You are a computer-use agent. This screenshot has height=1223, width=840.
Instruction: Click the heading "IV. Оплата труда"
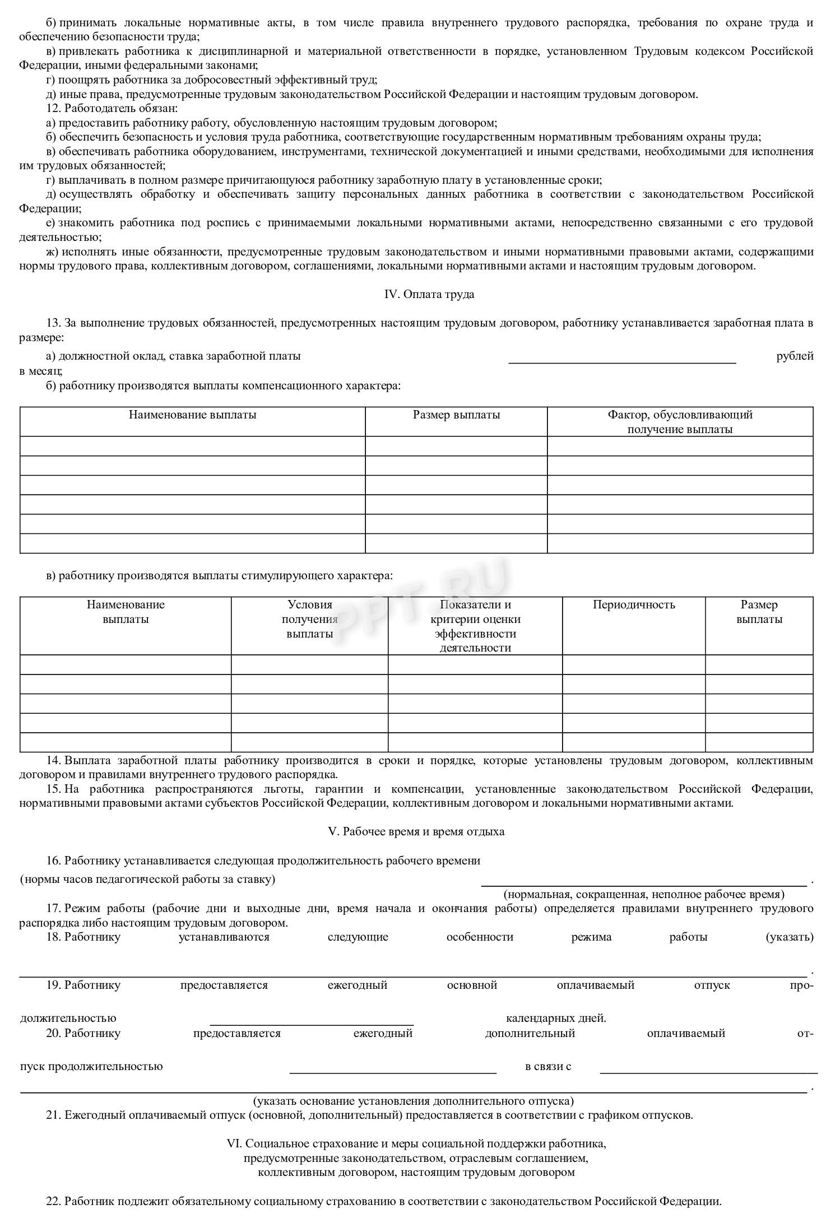tap(429, 294)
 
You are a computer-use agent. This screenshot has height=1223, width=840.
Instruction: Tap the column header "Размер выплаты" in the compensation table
tap(456, 415)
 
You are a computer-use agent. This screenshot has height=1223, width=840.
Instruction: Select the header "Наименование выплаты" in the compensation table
tap(192, 415)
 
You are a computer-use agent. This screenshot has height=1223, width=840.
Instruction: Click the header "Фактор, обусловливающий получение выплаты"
tap(680, 422)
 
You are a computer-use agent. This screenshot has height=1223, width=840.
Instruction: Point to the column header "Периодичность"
tap(634, 604)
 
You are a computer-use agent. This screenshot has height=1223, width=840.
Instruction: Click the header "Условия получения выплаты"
tap(309, 619)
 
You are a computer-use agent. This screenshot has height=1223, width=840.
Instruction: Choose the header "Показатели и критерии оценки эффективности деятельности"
tap(475, 626)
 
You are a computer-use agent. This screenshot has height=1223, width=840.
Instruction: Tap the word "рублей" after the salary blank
tap(795, 356)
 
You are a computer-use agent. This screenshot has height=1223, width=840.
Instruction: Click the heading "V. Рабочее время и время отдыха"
tap(416, 831)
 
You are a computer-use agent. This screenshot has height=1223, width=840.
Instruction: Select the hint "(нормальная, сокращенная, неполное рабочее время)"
tap(644, 894)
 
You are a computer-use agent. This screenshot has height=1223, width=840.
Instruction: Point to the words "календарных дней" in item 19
tap(556, 1018)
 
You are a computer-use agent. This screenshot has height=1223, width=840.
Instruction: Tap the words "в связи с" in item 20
tap(547, 1066)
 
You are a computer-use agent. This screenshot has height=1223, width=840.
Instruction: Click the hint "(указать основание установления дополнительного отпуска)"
tap(413, 1101)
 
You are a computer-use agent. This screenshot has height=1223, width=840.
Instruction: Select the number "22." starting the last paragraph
tap(54, 1201)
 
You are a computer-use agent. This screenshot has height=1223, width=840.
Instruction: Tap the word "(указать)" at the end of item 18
tap(789, 937)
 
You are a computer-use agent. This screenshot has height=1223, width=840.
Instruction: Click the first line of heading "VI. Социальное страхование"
tap(416, 1143)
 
